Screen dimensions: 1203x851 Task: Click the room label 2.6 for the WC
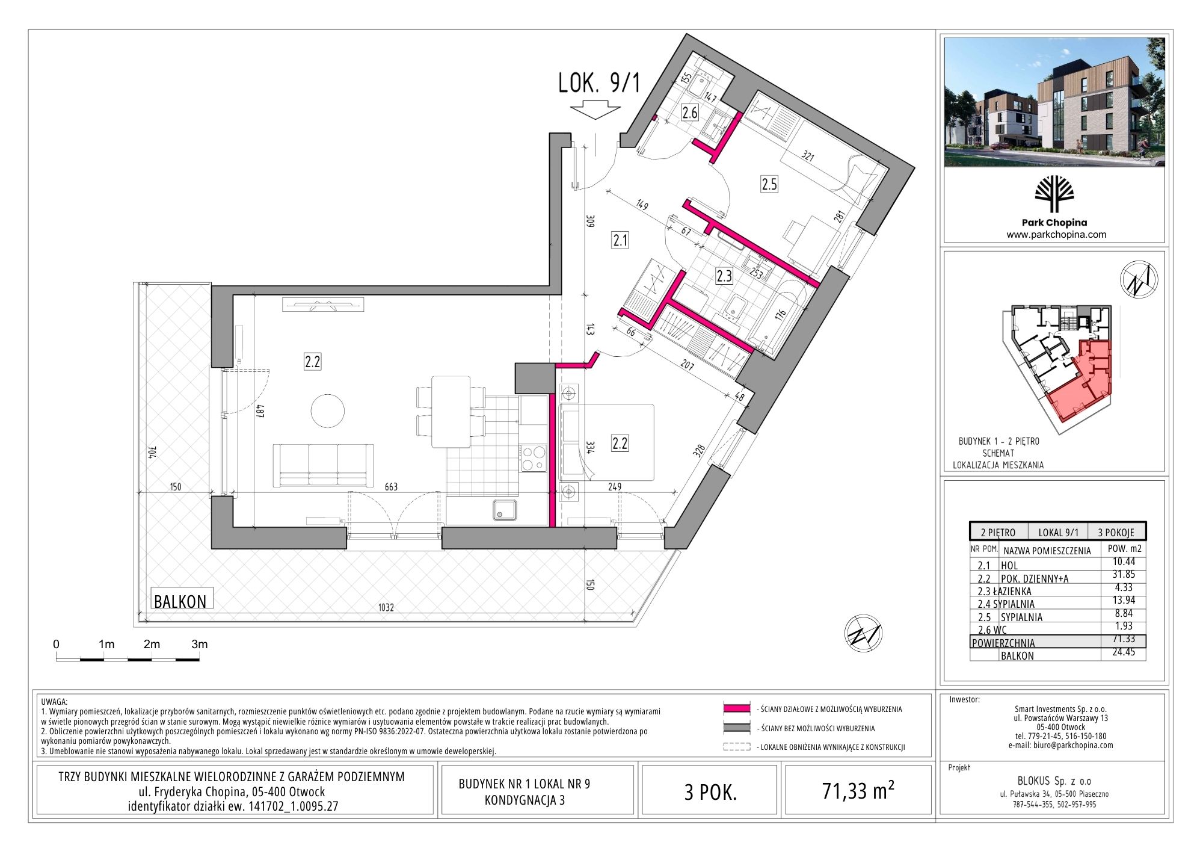click(x=689, y=112)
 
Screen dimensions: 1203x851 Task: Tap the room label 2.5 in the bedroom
click(x=769, y=184)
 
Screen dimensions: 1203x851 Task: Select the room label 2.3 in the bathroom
click(x=724, y=276)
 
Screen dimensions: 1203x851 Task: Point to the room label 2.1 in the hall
click(x=620, y=241)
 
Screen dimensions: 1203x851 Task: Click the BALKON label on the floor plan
click(x=180, y=601)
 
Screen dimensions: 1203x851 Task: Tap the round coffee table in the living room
click(x=328, y=410)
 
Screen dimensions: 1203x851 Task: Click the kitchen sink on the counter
click(x=505, y=510)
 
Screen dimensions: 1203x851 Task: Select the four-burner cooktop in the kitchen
click(x=533, y=458)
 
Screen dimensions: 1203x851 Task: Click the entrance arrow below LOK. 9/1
click(x=595, y=111)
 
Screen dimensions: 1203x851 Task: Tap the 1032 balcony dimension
click(x=386, y=607)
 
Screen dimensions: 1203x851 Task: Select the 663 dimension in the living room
click(x=391, y=487)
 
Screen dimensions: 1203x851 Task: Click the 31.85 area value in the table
click(x=1124, y=575)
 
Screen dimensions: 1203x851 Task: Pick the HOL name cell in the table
click(x=1009, y=565)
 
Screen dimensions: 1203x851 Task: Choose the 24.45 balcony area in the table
click(x=1124, y=652)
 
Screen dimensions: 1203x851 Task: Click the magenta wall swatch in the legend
click(x=737, y=709)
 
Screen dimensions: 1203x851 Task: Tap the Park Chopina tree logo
click(x=1054, y=194)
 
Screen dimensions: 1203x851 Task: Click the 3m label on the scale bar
click(x=200, y=644)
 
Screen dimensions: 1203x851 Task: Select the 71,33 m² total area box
click(x=858, y=790)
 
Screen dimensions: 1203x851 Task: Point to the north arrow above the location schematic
click(x=1139, y=279)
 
